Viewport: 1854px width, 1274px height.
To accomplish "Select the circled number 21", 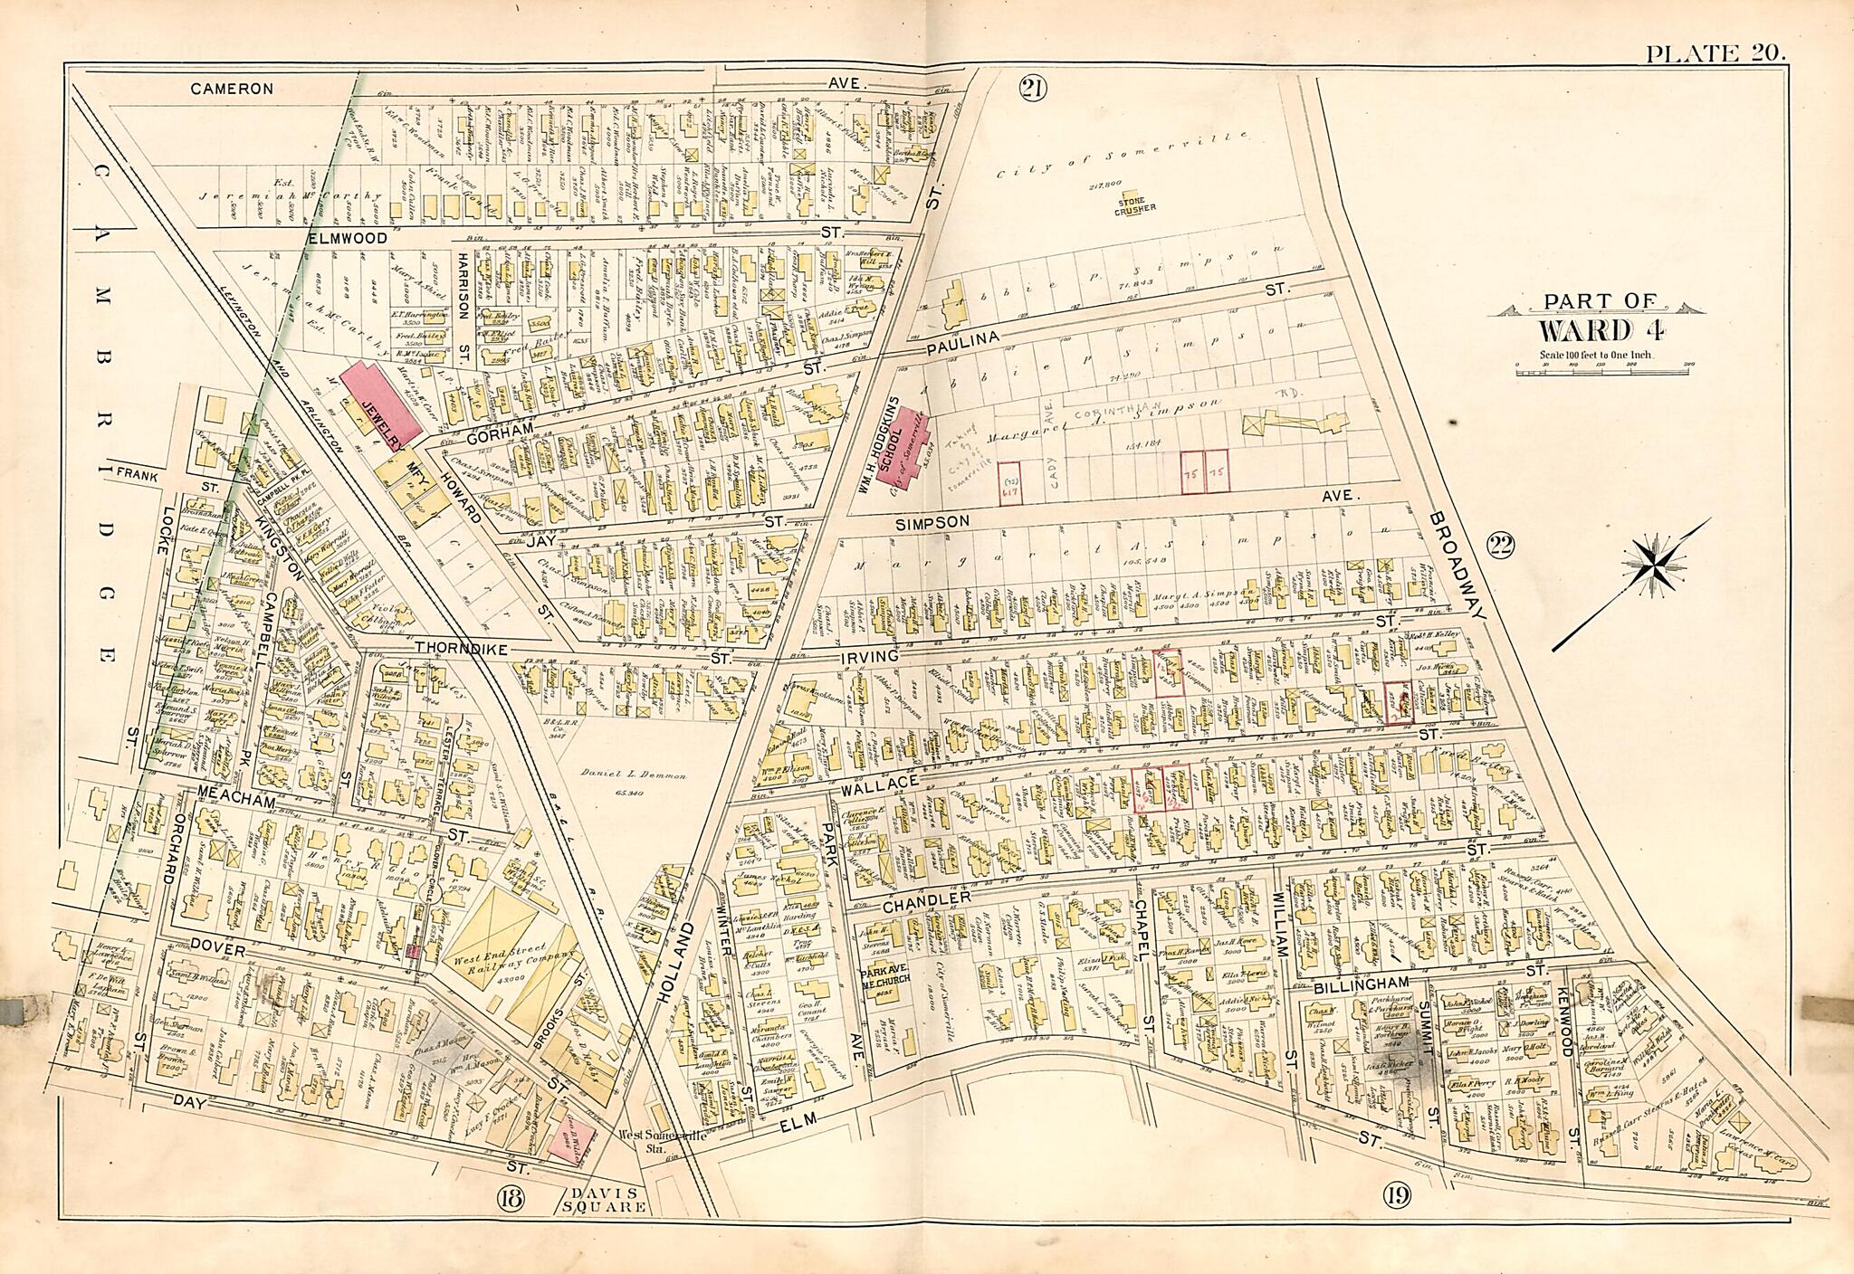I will pos(1031,88).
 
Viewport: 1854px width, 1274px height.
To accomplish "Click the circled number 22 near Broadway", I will pos(1500,545).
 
